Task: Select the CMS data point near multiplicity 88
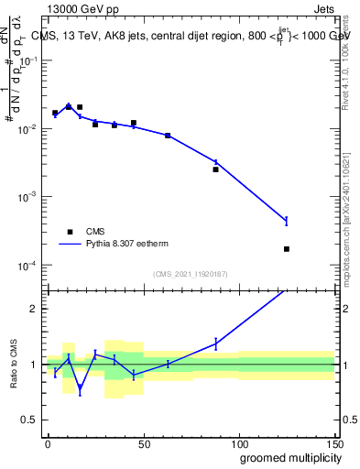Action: pyautogui.click(x=216, y=169)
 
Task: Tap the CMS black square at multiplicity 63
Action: pyautogui.click(x=168, y=136)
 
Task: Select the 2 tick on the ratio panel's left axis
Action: pyautogui.click(x=35, y=309)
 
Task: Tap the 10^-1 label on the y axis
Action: pyautogui.click(x=27, y=60)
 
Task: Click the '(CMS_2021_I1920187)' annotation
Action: pyautogui.click(x=189, y=274)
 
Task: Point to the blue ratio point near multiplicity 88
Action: pyautogui.click(x=216, y=344)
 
